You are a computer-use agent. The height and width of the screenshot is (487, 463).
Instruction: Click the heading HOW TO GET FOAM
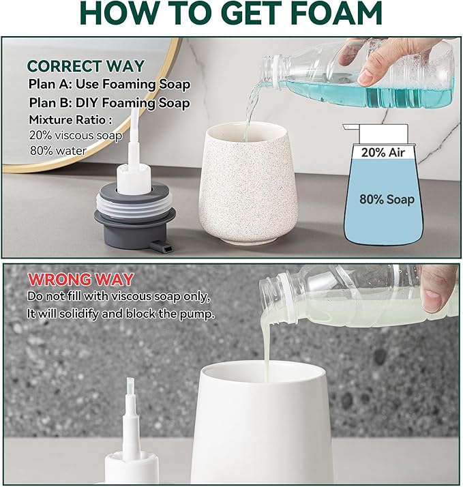tap(230, 16)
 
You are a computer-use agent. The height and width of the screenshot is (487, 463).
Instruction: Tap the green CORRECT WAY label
tap(86, 66)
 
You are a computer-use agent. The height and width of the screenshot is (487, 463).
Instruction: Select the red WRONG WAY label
tap(80, 279)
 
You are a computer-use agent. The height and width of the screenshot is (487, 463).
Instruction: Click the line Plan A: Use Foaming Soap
tap(109, 85)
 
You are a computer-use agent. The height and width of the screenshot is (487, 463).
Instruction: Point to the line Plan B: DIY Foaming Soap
tap(109, 103)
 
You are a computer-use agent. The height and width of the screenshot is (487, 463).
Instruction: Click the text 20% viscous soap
tap(76, 135)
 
